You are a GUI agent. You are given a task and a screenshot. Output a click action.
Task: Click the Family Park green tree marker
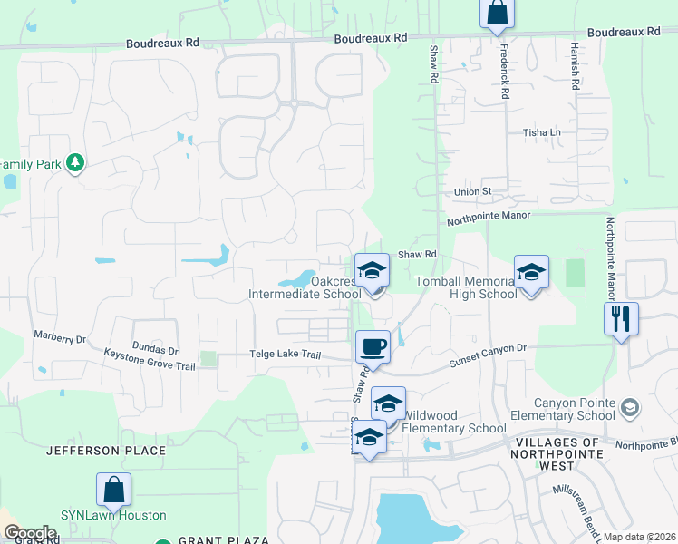75,163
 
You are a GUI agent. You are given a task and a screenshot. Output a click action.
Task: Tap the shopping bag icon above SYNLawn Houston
114,491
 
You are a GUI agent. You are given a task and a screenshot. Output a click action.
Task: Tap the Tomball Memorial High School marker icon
531,273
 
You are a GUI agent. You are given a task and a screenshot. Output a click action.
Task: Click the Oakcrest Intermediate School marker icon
371,271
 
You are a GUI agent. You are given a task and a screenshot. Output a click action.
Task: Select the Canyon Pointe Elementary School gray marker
631,410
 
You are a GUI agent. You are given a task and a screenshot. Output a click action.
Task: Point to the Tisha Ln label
542,132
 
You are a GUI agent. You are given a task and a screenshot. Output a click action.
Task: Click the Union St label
472,192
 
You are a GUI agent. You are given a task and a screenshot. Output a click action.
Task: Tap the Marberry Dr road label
60,338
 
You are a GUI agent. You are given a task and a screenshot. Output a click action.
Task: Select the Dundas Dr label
153,350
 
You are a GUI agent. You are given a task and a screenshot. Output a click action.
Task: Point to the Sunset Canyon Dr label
488,355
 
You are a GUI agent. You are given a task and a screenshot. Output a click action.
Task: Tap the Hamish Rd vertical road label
575,65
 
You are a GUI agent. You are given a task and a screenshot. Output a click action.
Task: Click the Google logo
31,533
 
